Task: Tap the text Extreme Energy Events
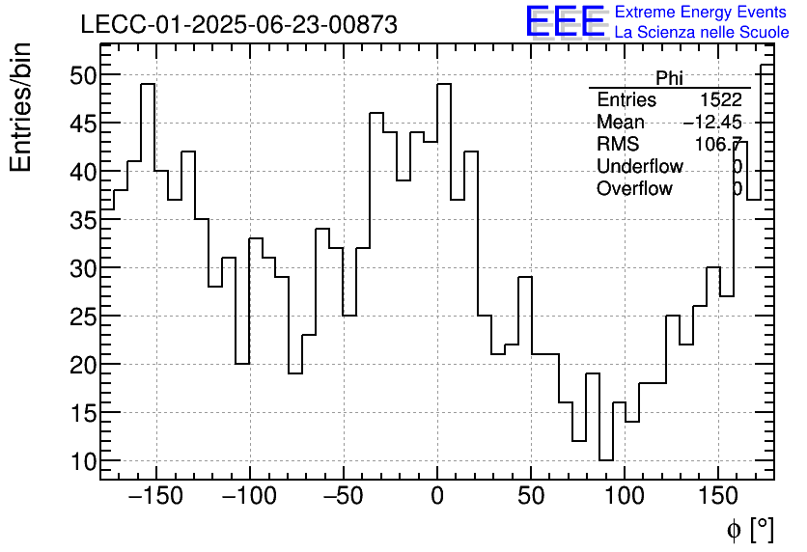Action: [x=701, y=12]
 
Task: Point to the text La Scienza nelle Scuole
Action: [x=701, y=32]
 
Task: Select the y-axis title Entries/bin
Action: [x=21, y=107]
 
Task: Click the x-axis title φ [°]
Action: [x=750, y=529]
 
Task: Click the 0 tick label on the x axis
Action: [x=437, y=496]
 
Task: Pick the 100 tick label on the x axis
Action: [x=625, y=496]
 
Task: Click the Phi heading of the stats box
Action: [x=669, y=78]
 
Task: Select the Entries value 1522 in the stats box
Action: [x=721, y=100]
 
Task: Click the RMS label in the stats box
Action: [x=618, y=145]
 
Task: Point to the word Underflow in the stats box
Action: [x=640, y=167]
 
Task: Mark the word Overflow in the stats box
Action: [x=634, y=189]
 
